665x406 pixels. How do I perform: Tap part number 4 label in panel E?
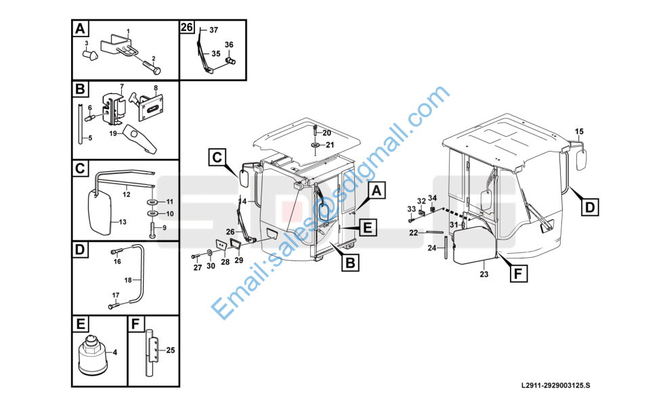pos(115,352)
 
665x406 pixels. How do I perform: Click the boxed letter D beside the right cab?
pos(590,208)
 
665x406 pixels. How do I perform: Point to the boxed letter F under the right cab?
pos(518,273)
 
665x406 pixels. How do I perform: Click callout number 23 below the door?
pos(484,275)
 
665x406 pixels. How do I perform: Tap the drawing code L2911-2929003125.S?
pos(555,385)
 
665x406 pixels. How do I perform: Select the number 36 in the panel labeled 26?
pos(229,45)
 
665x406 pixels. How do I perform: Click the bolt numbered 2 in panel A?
pos(152,68)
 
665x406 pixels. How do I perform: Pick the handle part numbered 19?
pos(141,138)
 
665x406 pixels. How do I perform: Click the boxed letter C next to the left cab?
pos(217,157)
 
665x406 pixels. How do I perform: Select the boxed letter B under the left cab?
pos(350,263)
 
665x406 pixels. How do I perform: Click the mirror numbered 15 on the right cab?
pos(582,159)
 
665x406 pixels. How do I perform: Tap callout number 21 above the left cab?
pos(330,145)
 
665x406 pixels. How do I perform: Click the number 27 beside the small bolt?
pos(198,267)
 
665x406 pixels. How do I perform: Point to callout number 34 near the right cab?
pos(432,198)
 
